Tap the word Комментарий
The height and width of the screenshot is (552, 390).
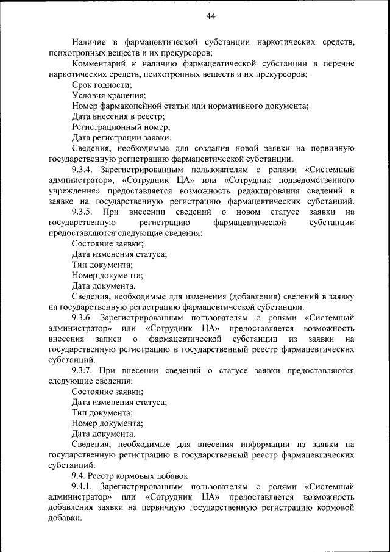pyautogui.click(x=100, y=63)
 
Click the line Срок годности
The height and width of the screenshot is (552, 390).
pyautogui.click(x=101, y=85)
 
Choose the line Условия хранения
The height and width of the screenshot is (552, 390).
pyautogui.click(x=108, y=95)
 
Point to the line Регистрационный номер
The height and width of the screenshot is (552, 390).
pyautogui.click(x=120, y=127)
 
